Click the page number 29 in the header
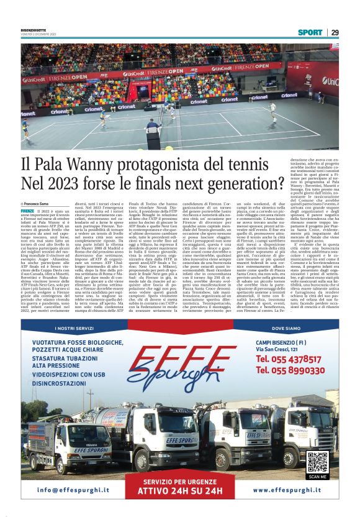tap(335, 32)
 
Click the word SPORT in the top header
tap(310, 32)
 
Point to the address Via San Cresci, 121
tap(276, 349)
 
